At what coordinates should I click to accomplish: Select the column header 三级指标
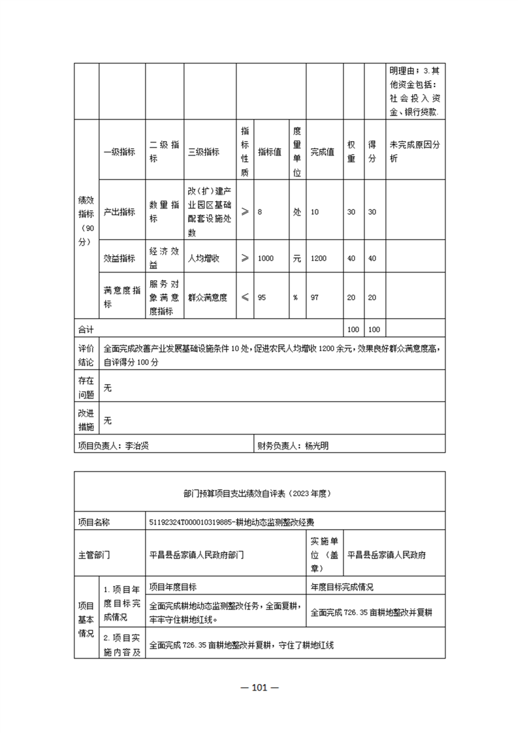(203, 152)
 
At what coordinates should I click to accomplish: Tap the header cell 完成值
(322, 152)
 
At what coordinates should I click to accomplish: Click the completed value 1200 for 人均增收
(319, 259)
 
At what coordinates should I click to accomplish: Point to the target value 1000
(266, 259)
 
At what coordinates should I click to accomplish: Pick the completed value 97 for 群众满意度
(315, 297)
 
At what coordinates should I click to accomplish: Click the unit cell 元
(297, 259)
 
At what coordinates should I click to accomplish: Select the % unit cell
(295, 297)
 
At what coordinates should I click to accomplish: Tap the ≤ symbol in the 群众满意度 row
(244, 297)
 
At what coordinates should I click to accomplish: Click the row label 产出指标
(120, 212)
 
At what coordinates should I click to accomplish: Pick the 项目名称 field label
(94, 522)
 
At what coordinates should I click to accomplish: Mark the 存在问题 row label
(86, 387)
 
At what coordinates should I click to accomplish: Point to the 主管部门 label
(94, 555)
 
